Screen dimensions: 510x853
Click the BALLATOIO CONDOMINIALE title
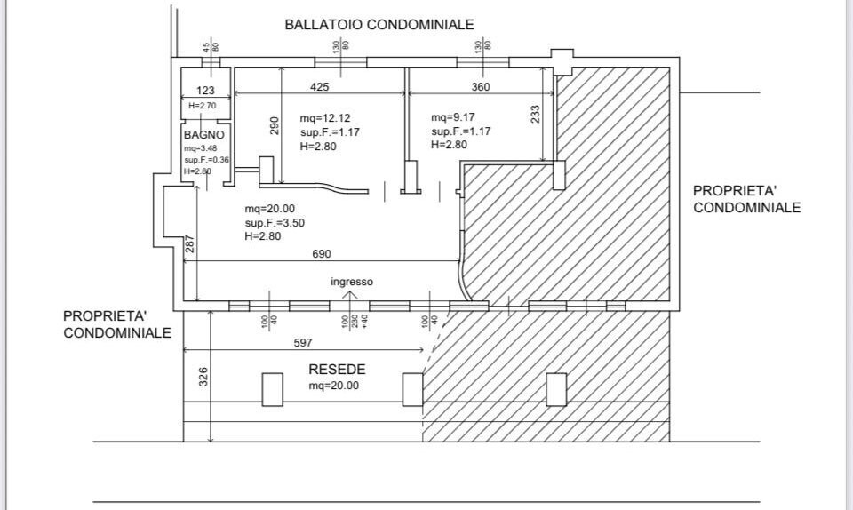point(379,25)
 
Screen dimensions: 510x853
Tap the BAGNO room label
point(198,134)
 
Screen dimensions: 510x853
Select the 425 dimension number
point(321,87)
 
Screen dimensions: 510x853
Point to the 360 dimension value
point(480,87)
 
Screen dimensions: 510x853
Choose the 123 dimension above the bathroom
point(205,91)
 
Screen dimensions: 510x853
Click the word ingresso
point(352,282)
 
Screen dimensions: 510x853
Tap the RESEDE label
point(337,370)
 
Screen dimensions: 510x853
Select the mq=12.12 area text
point(325,118)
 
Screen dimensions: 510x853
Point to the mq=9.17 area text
point(453,117)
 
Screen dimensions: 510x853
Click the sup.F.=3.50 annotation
point(275,223)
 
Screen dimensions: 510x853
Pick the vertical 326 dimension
point(203,377)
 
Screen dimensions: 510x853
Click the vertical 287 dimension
point(188,245)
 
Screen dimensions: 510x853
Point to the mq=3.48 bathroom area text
point(201,147)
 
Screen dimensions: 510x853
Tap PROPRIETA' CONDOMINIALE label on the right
point(746,199)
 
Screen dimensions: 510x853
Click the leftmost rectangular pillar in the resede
point(273,389)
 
